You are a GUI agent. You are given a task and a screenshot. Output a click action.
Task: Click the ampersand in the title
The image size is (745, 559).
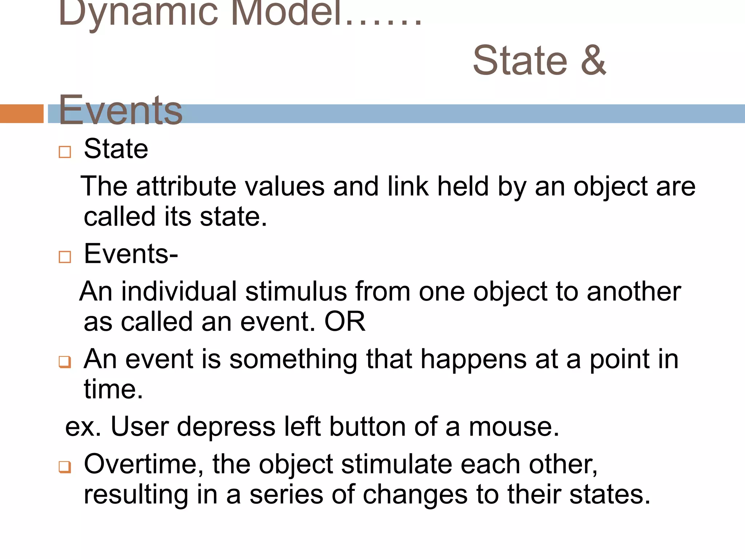593,60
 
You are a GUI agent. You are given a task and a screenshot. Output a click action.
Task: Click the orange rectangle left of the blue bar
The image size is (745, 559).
21,114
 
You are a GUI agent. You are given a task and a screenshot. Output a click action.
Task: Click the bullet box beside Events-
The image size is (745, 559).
65,257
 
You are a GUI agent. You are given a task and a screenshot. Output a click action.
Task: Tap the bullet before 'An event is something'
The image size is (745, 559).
65,362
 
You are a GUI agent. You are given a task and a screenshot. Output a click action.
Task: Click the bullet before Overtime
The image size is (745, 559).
65,467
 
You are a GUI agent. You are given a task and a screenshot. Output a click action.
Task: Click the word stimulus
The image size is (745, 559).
296,292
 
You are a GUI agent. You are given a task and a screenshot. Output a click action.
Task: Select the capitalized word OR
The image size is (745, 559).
344,322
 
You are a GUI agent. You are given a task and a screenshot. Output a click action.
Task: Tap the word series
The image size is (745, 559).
286,495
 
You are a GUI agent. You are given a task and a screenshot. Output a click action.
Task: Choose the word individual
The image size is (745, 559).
179,292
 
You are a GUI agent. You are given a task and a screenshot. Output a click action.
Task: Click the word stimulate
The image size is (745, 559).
397,464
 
